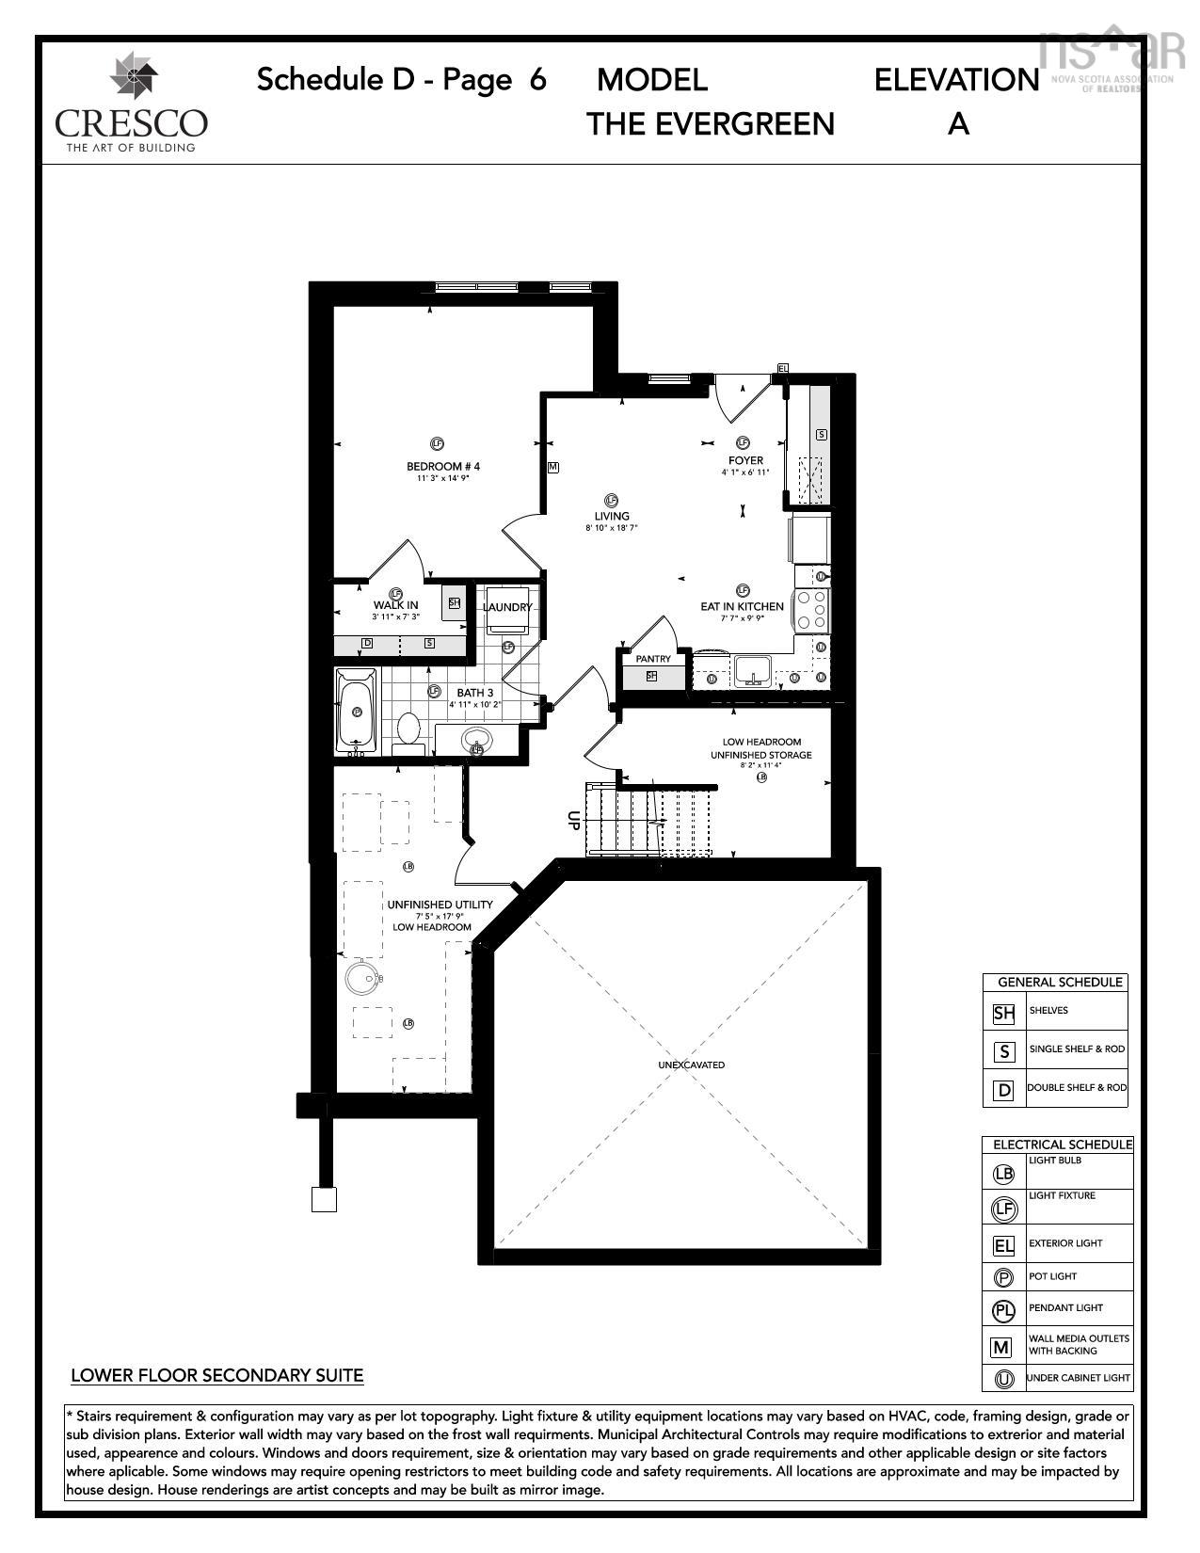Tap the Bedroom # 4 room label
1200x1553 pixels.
[443, 466]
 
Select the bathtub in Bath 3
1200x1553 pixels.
[357, 712]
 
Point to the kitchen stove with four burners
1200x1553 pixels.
[812, 609]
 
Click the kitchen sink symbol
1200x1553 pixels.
[753, 670]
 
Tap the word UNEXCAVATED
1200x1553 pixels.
[692, 1065]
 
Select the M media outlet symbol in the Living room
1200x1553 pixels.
[553, 467]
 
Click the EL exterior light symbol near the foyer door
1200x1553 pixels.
[782, 368]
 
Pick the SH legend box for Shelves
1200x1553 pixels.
[1004, 1014]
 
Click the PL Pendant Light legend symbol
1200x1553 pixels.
[1003, 1309]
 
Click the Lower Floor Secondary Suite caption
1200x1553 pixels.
[217, 1375]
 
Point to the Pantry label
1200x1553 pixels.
[653, 659]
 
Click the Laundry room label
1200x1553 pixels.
[507, 607]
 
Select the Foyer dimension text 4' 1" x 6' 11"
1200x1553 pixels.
[745, 472]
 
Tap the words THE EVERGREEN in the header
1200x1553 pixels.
[711, 123]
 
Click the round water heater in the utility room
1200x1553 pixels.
[362, 977]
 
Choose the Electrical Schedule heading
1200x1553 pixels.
[1063, 1145]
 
